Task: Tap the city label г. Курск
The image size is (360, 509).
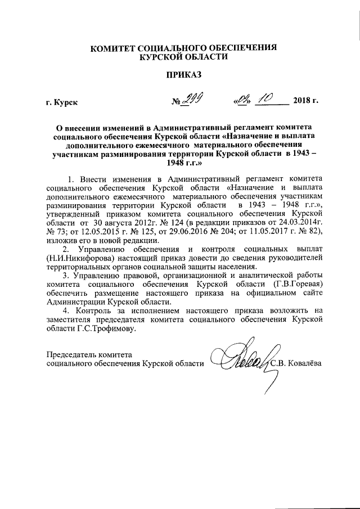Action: [x=62, y=102]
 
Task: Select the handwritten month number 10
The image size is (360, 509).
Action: [x=263, y=99]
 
